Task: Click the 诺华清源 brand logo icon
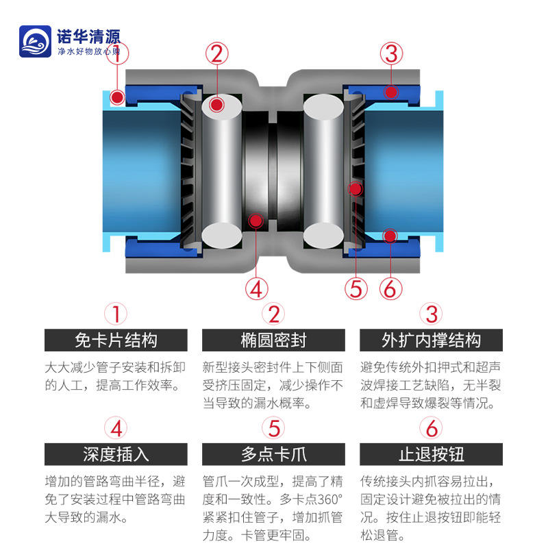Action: pos(36,42)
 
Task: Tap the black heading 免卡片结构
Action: pos(116,340)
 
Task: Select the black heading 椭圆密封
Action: pos(274,340)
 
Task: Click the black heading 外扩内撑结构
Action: pos(431,340)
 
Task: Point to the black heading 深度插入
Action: pos(116,453)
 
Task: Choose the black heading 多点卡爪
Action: pos(274,453)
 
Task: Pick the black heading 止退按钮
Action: pos(431,453)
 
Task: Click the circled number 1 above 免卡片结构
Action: pos(116,314)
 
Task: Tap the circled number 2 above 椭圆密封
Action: pos(274,314)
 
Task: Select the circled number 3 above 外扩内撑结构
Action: pos(432,314)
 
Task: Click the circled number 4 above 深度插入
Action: pos(116,429)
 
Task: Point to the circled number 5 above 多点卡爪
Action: pos(274,429)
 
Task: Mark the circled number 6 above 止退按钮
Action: pos(432,429)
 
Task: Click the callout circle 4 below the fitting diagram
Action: pos(256,288)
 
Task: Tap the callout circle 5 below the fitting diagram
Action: pos(356,288)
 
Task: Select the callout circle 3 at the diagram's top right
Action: pos(391,53)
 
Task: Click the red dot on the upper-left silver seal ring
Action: pos(217,105)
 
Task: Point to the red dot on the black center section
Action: pos(256,220)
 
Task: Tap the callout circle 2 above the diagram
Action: pos(217,53)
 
